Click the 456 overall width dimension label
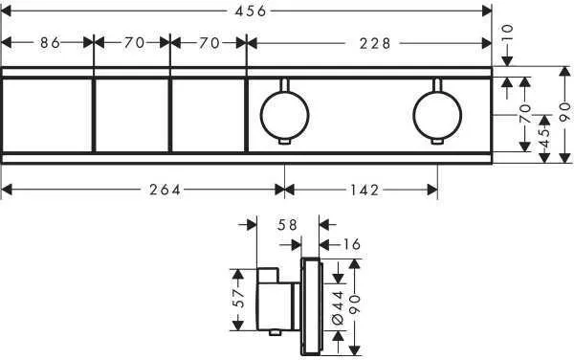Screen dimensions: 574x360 coord(251,11)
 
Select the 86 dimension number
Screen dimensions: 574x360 coord(50,43)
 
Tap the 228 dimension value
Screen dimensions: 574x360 coord(375,44)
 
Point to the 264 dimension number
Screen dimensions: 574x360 coord(166,190)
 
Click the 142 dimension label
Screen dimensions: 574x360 coord(364,190)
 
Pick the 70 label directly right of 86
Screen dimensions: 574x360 coord(134,43)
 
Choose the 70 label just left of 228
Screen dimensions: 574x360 coord(210,43)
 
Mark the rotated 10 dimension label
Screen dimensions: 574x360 coord(507,34)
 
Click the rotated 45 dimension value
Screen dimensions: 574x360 coord(544,138)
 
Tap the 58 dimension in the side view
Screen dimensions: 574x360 coord(287,224)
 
